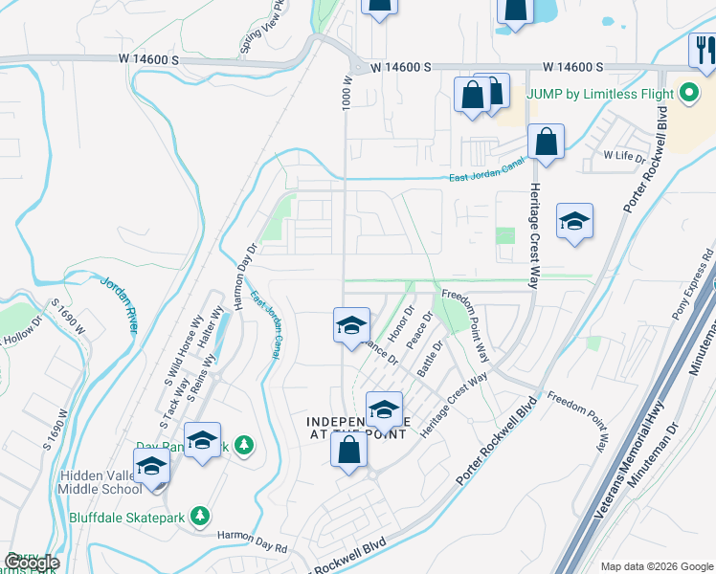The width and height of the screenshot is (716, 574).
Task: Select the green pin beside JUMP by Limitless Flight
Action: coord(687,96)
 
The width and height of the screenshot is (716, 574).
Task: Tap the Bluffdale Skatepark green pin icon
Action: coord(200,517)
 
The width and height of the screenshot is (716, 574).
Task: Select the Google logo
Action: coord(32,563)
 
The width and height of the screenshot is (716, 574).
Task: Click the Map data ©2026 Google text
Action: coord(656,566)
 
